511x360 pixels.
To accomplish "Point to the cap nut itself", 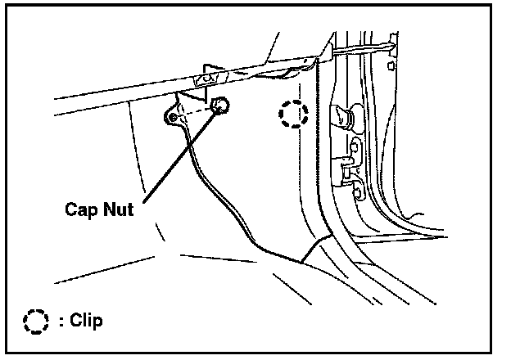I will [x=219, y=105].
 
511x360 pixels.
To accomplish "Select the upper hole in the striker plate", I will [x=357, y=147].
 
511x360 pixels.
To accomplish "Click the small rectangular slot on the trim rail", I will [x=207, y=79].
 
